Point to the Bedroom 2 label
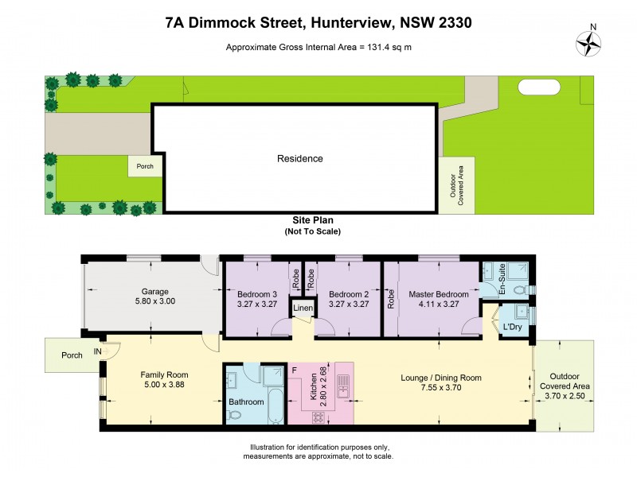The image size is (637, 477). [x=346, y=293]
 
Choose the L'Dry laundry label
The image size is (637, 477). [x=511, y=327]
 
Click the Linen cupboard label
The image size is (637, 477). [x=303, y=308]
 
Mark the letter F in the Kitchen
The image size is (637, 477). [x=295, y=370]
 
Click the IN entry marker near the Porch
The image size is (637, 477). [x=97, y=351]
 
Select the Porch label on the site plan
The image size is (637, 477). [x=145, y=166]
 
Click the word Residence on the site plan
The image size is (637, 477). [x=300, y=158]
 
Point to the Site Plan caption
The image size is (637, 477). [x=312, y=222]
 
